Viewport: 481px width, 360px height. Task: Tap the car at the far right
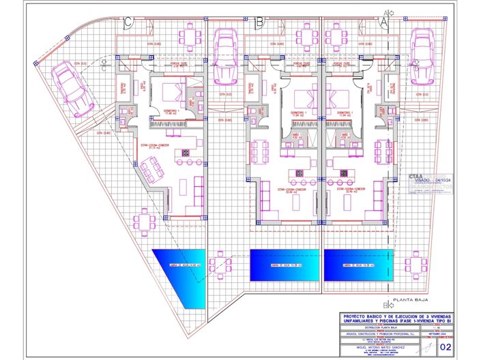pos(421,55)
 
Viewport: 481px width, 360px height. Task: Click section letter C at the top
pos(128,22)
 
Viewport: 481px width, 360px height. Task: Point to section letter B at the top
pos(259,22)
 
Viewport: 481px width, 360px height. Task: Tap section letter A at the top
pos(383,22)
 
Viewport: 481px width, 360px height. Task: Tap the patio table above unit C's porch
pos(189,35)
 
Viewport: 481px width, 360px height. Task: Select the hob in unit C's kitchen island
pos(184,153)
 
